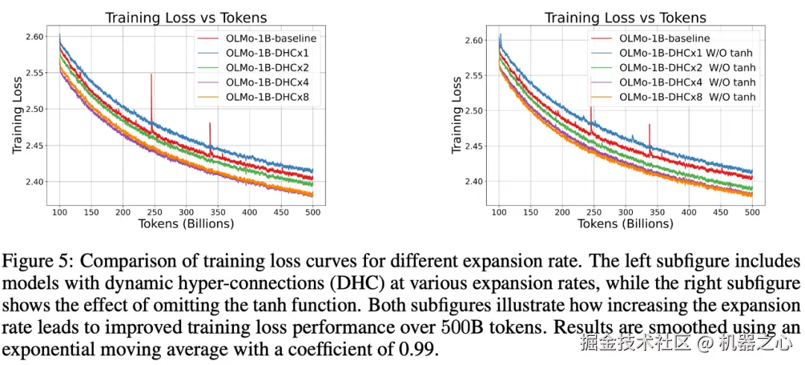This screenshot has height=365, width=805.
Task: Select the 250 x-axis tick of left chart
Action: [186, 213]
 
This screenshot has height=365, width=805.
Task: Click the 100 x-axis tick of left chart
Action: [60, 213]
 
